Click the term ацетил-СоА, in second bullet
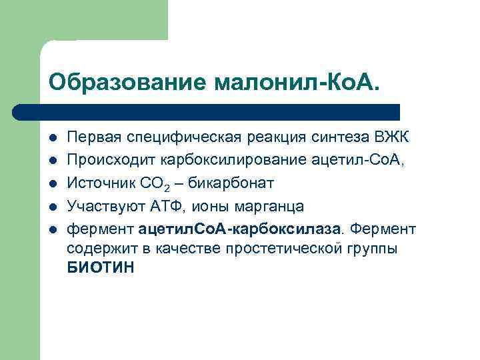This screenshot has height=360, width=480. [x=350, y=160]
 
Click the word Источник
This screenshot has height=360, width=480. [x=95, y=183]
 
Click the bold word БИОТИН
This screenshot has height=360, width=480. [x=100, y=268]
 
